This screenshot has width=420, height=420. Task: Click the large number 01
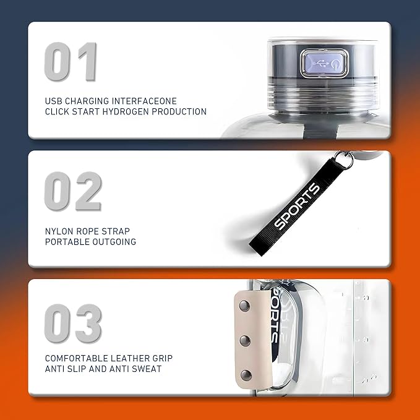[x=71, y=62]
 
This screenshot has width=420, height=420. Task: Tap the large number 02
[x=73, y=191]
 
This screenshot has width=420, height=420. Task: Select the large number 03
[x=73, y=323]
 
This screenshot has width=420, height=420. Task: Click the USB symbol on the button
[x=320, y=64]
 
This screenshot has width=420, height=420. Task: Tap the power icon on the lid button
[x=335, y=64]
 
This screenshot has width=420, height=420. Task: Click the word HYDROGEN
[x=126, y=111]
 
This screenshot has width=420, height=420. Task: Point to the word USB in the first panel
[x=54, y=101]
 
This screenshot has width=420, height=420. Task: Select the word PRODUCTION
[x=179, y=111]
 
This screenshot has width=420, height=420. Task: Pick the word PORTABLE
[x=67, y=242]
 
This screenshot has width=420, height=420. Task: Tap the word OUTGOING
[x=114, y=242]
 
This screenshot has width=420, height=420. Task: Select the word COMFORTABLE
[x=76, y=358]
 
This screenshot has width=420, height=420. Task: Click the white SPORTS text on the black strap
[x=297, y=206]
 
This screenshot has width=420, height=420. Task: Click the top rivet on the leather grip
[x=244, y=306]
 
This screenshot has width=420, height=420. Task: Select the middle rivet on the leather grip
[x=245, y=341]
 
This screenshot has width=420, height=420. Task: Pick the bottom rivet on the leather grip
[x=246, y=375]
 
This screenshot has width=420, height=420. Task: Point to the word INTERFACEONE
[x=144, y=101]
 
